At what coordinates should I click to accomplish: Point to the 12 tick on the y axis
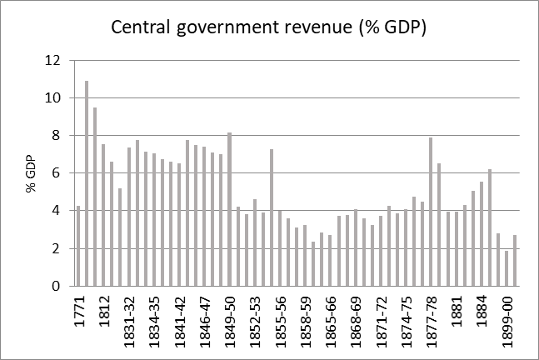click(x=54, y=60)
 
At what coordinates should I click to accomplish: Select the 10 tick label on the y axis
click(x=54, y=97)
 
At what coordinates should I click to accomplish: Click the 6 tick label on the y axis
click(x=57, y=173)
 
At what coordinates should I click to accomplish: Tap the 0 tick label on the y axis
click(x=57, y=286)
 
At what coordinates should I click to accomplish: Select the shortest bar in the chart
click(x=507, y=268)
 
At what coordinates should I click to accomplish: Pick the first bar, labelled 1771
click(x=78, y=246)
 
